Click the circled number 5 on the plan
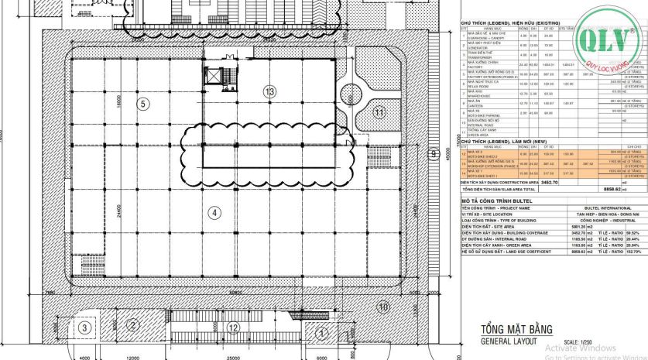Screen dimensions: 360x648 pos(142,103)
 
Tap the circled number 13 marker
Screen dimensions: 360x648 pos(269,91)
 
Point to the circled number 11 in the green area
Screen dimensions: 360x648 pos(379,112)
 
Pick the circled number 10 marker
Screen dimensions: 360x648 pos(382,307)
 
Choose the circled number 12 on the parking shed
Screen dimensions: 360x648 pos(232,327)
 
